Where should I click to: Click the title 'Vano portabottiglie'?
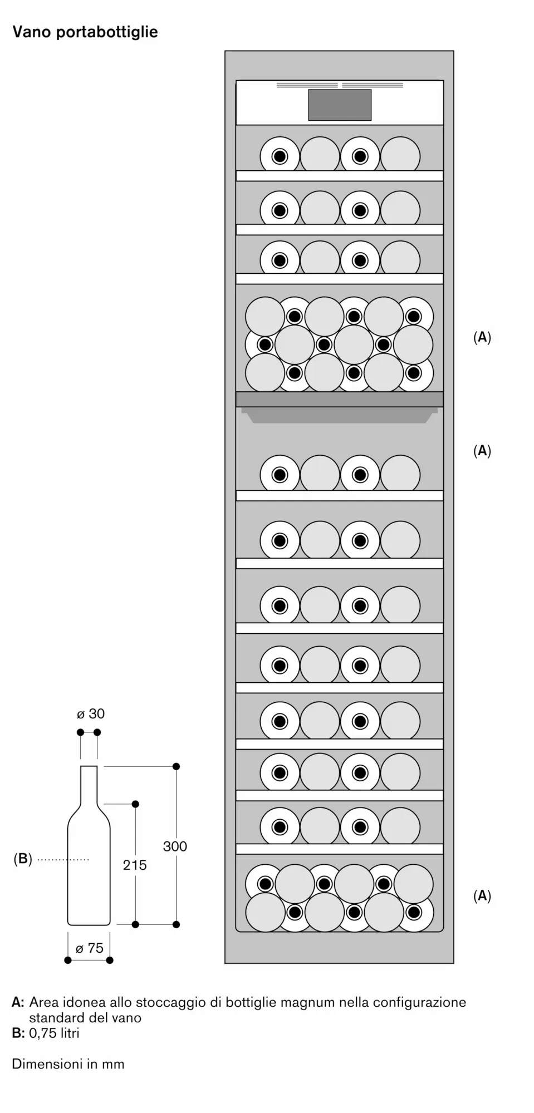click(x=85, y=32)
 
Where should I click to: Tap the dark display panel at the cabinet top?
click(x=340, y=105)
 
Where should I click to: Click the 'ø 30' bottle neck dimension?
click(x=91, y=714)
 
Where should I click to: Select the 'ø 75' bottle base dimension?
click(x=90, y=948)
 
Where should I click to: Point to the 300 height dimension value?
click(x=175, y=846)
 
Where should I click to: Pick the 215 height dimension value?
click(x=135, y=865)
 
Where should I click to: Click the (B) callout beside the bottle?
click(x=23, y=859)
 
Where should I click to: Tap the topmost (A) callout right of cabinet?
click(x=482, y=337)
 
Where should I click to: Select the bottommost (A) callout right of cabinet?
click(x=482, y=895)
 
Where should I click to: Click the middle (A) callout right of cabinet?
click(x=482, y=451)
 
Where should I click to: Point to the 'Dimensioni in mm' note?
click(x=68, y=1064)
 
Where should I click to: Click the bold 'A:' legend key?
click(x=18, y=1002)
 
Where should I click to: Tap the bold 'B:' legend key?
click(x=18, y=1033)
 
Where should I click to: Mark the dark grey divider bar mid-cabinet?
click(x=340, y=399)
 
